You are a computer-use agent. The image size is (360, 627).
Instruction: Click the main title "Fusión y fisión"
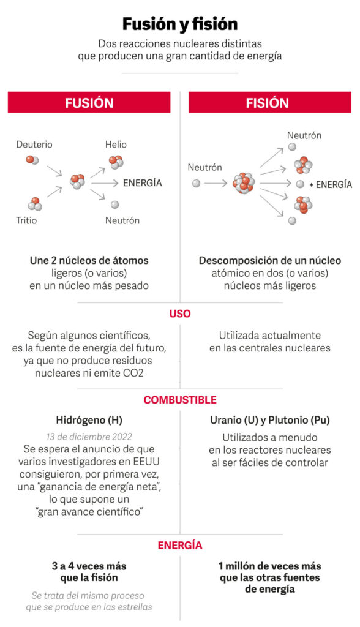pos(180,24)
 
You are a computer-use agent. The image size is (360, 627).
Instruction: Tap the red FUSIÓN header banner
pos(89,102)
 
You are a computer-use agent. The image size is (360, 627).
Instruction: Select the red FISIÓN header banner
pos(270,102)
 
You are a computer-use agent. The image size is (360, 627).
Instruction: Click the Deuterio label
pos(34,145)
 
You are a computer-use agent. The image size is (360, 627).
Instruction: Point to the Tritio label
pos(26,220)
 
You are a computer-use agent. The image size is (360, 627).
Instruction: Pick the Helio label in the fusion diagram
pos(116,145)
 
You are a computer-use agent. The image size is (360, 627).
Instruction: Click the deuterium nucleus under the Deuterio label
pos(32,160)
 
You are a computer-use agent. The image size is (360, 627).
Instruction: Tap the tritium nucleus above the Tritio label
pos(35,204)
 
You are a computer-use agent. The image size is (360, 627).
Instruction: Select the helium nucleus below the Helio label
pos(116,162)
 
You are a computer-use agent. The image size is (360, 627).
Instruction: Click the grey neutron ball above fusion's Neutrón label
pos(115,205)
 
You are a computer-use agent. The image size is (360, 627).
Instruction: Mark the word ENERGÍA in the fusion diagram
pos(143,183)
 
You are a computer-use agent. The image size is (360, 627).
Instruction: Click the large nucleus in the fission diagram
pos(244,183)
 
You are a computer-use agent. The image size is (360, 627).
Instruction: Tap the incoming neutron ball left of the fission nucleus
pos(196,183)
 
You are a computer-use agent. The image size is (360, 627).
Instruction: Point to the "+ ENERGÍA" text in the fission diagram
pos(331,185)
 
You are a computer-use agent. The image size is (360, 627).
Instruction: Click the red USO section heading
pos(180,313)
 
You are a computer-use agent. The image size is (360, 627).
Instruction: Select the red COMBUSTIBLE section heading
pos(180,400)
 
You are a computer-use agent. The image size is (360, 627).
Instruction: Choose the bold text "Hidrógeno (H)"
pos(89,420)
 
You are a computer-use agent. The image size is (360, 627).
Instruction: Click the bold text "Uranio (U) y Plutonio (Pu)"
pos(270,420)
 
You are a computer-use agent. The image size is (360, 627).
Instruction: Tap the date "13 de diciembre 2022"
pos(89,437)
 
